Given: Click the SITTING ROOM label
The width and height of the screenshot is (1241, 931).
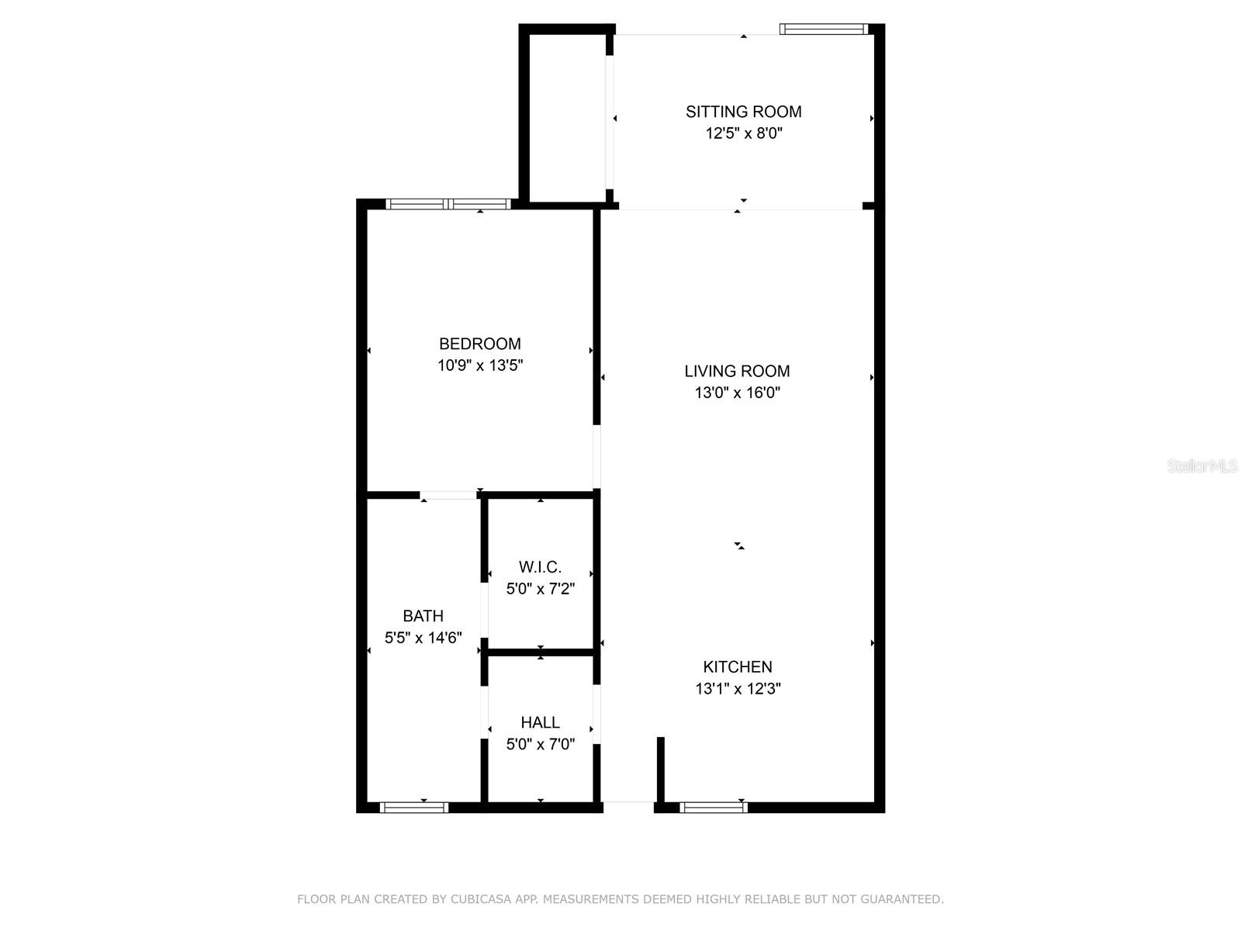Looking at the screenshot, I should pyautogui.click(x=743, y=112).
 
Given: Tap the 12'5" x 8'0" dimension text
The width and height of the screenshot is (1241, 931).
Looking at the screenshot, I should pyautogui.click(x=743, y=133).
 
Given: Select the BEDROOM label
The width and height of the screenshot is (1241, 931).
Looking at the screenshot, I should pyautogui.click(x=480, y=344).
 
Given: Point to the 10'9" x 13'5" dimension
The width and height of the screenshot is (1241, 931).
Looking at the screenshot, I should pyautogui.click(x=480, y=365).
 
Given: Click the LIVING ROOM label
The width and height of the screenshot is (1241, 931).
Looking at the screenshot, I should pyautogui.click(x=737, y=371).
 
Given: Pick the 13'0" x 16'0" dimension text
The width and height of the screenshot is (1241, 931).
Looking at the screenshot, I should pyautogui.click(x=737, y=393).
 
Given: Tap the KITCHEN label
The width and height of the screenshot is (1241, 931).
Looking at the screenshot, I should pyautogui.click(x=738, y=666).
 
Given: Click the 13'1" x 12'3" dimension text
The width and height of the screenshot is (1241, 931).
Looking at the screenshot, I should pyautogui.click(x=738, y=688).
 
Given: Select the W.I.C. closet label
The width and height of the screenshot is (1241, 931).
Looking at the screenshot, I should pyautogui.click(x=540, y=567).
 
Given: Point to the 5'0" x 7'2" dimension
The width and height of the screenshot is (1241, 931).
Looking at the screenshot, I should pyautogui.click(x=540, y=589).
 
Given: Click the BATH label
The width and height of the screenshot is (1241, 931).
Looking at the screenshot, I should pyautogui.click(x=423, y=616).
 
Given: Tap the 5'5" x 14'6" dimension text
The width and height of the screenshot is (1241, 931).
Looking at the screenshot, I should pyautogui.click(x=423, y=638).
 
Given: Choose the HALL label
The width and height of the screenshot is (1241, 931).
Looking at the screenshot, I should pyautogui.click(x=540, y=722).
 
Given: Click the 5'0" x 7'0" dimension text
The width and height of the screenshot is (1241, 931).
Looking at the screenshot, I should pyautogui.click(x=540, y=745).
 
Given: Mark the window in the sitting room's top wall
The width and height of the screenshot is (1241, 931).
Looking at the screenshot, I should pyautogui.click(x=823, y=29).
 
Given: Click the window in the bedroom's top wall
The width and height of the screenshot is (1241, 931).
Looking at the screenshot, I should pyautogui.click(x=448, y=204).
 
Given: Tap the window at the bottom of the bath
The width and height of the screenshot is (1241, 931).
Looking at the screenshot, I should pyautogui.click(x=414, y=808).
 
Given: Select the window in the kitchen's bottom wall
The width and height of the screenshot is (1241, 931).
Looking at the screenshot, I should pyautogui.click(x=714, y=808).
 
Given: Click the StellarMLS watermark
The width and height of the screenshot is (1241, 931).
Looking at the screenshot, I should pyautogui.click(x=1202, y=465).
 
